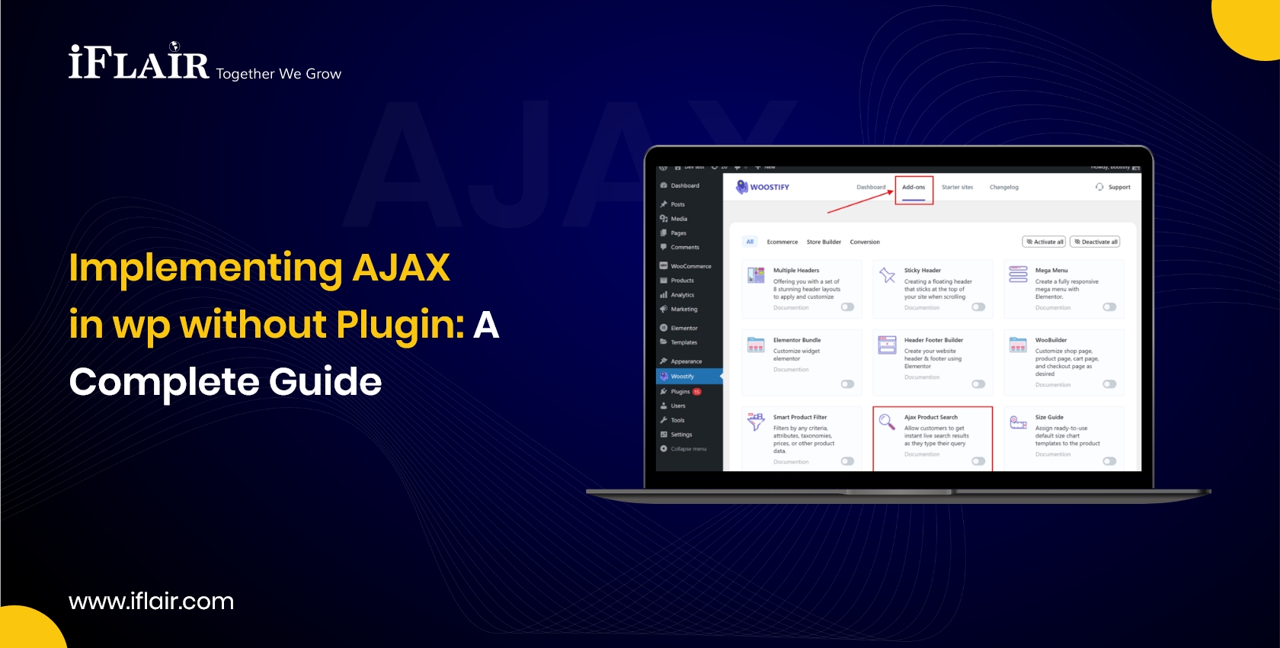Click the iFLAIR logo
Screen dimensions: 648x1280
tap(139, 63)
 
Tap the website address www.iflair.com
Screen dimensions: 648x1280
tap(151, 601)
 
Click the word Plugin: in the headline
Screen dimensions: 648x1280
tap(400, 325)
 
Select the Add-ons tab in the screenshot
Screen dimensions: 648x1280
tap(914, 188)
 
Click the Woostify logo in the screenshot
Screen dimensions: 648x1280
tap(763, 187)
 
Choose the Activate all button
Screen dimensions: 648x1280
tap(1045, 242)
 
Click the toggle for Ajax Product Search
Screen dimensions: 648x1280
tap(978, 461)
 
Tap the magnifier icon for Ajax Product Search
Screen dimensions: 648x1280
tap(887, 422)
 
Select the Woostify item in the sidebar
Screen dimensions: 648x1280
tap(683, 377)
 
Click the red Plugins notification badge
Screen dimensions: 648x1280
tap(696, 392)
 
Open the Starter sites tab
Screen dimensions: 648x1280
tap(957, 188)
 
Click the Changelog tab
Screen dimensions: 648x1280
tap(1003, 188)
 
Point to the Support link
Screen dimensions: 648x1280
tap(1118, 188)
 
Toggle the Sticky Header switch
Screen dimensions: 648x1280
tap(978, 307)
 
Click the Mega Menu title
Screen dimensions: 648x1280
tap(1051, 271)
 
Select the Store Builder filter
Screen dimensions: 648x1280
tap(824, 242)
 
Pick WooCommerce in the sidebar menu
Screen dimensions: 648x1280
tap(690, 266)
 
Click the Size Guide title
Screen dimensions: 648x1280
tap(1049, 418)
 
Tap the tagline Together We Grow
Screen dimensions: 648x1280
tap(279, 74)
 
